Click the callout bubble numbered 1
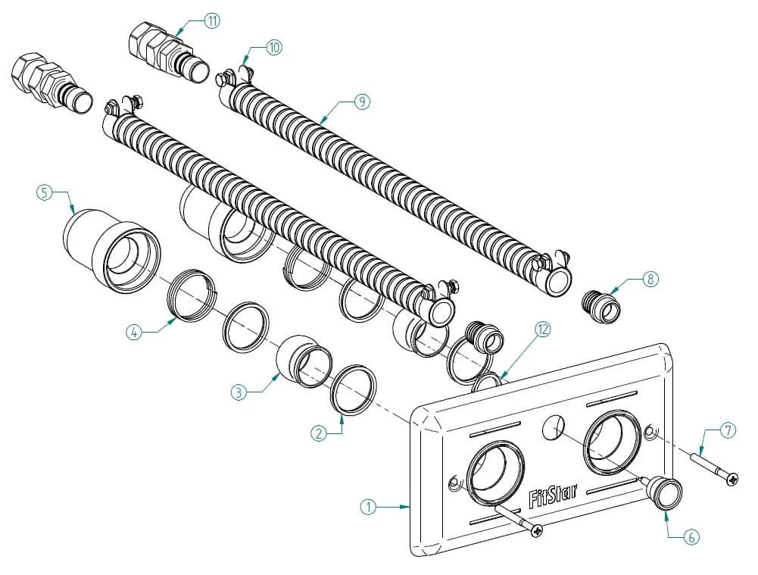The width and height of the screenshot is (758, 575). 368,508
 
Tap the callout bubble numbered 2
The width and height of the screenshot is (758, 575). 318,433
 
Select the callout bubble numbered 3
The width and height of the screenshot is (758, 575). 239,392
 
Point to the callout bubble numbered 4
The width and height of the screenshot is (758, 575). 134,333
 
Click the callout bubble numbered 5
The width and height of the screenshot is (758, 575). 44,193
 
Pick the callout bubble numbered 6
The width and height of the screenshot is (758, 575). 691,537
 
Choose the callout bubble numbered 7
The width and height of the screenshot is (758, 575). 728,430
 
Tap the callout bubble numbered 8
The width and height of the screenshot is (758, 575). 650,279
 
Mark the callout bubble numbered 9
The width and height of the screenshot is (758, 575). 362,102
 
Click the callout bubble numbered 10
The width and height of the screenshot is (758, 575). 274,48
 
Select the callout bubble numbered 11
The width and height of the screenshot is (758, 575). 212,20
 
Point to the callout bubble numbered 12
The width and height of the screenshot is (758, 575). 543,330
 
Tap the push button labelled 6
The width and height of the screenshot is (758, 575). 666,492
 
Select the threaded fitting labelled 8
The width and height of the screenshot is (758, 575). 600,306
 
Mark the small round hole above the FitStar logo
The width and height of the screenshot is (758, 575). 554,427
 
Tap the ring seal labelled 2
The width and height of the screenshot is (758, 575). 354,390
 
